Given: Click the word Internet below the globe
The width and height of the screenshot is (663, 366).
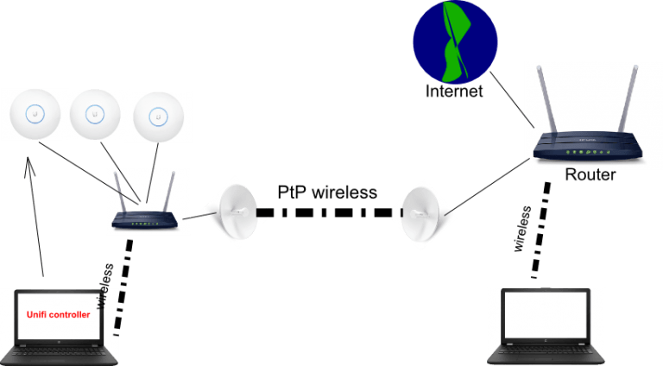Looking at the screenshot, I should point(455,91).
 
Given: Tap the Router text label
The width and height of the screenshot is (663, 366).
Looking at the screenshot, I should point(590,174).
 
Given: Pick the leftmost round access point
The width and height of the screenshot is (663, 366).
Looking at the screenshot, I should point(33,113).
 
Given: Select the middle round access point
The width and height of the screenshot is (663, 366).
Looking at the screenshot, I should point(95,113).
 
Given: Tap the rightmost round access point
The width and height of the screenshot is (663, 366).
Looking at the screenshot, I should point(158,116).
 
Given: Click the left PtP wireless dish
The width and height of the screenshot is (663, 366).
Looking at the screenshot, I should point(231,210).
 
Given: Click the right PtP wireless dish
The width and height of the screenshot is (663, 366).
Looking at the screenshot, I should point(423,210).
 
